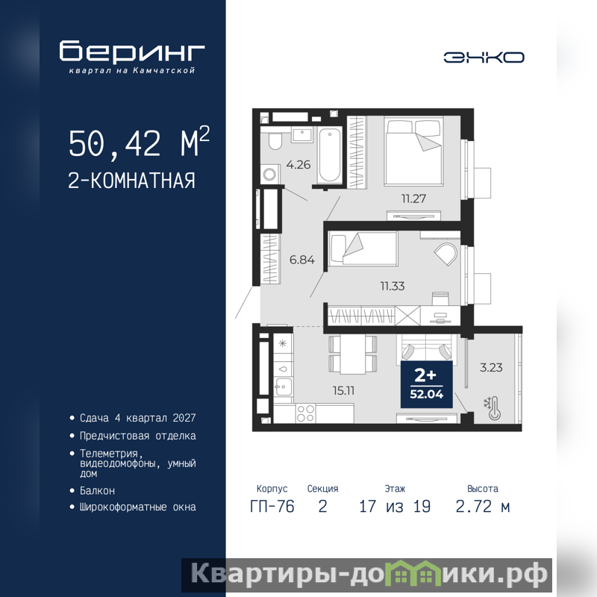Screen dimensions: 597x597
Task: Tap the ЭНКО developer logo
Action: pyautogui.click(x=484, y=57)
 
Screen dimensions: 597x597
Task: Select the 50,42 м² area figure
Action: pyautogui.click(x=139, y=142)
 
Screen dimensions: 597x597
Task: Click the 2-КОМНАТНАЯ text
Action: pyautogui.click(x=132, y=181)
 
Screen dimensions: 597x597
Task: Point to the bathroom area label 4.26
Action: pyautogui.click(x=298, y=165)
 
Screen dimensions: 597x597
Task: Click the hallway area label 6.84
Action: pyautogui.click(x=302, y=260)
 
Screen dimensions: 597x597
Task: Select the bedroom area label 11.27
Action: pyautogui.click(x=413, y=199)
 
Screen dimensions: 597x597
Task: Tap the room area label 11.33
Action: pyautogui.click(x=393, y=286)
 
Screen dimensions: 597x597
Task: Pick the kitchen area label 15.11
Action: pyautogui.click(x=343, y=390)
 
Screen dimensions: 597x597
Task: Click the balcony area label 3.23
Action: pyautogui.click(x=491, y=368)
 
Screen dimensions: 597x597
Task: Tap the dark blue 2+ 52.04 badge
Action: pyautogui.click(x=426, y=384)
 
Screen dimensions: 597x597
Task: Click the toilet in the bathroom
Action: pyautogui.click(x=274, y=141)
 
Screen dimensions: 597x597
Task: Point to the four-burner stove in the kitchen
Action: pyautogui.click(x=305, y=413)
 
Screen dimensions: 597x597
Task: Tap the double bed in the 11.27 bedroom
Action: pyautogui.click(x=413, y=151)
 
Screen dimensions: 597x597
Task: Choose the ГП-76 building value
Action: pyautogui.click(x=272, y=507)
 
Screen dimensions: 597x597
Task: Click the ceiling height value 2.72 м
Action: pyautogui.click(x=483, y=507)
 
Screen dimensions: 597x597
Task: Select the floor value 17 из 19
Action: pyautogui.click(x=395, y=507)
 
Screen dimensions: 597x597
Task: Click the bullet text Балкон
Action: pyautogui.click(x=97, y=491)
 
